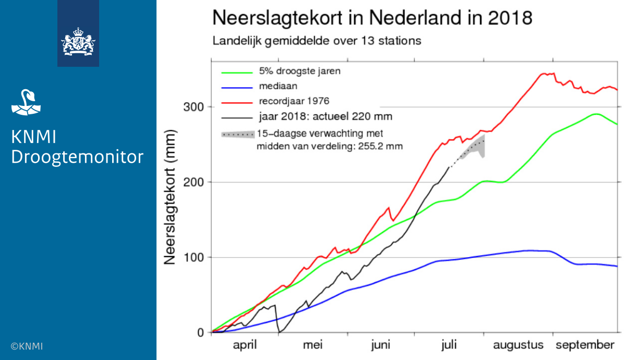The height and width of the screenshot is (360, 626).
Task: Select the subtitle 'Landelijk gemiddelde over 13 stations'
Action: (317, 41)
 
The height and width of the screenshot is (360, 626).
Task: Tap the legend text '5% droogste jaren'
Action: (300, 71)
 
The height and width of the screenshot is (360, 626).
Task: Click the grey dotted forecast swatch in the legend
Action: (238, 134)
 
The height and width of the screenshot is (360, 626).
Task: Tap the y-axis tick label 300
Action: (194, 107)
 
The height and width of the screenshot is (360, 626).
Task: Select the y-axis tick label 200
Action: (194, 182)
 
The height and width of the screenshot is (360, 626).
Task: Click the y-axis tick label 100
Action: (194, 257)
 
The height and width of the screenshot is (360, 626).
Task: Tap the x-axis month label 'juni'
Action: (381, 345)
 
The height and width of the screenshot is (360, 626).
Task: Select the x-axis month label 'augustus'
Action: (518, 345)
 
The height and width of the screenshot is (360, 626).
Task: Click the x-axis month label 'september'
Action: (585, 345)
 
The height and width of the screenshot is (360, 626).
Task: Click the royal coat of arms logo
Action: (78, 42)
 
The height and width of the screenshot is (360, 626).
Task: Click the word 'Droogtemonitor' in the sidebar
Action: (77, 157)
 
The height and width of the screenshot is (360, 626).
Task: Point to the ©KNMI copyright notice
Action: (27, 346)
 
